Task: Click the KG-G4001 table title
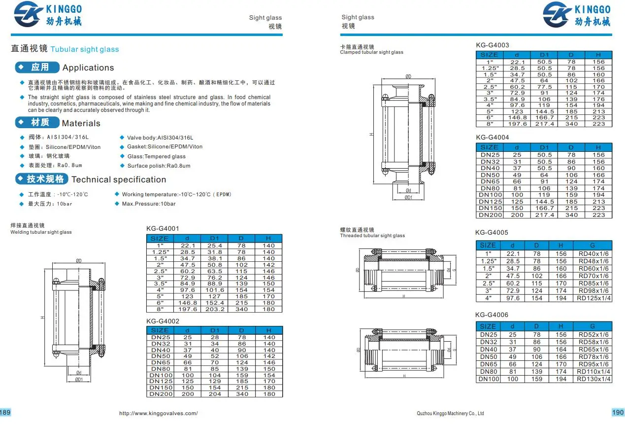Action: (x=163, y=228)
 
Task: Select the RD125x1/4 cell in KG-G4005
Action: (x=593, y=298)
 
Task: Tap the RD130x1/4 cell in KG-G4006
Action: (x=593, y=379)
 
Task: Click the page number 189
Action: (x=5, y=412)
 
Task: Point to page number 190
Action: (x=618, y=412)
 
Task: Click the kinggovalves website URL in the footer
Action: (x=159, y=413)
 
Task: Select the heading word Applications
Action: (x=88, y=68)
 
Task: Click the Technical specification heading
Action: (x=119, y=179)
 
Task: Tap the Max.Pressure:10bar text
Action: (x=149, y=204)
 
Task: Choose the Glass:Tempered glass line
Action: (x=157, y=156)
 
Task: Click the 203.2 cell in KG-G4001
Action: (x=215, y=309)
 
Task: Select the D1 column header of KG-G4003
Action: (x=544, y=55)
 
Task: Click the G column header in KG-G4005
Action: (x=592, y=245)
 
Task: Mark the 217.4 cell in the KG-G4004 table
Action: (x=544, y=215)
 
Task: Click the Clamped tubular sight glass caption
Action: (x=371, y=52)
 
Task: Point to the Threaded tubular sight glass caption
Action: (x=372, y=236)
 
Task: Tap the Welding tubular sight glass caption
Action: (x=41, y=232)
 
